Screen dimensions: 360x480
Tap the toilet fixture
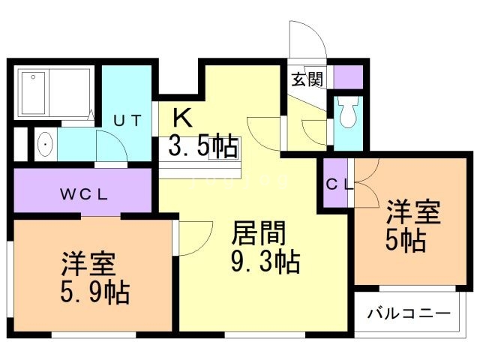tap(347, 114)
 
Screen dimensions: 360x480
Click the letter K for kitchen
tap(182, 117)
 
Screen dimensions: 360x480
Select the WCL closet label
tap(84, 193)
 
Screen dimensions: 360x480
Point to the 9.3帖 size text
tap(264, 262)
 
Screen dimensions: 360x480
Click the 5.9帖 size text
tap(94, 291)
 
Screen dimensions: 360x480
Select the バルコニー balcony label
tap(409, 313)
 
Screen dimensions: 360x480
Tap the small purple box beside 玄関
tap(347, 76)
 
